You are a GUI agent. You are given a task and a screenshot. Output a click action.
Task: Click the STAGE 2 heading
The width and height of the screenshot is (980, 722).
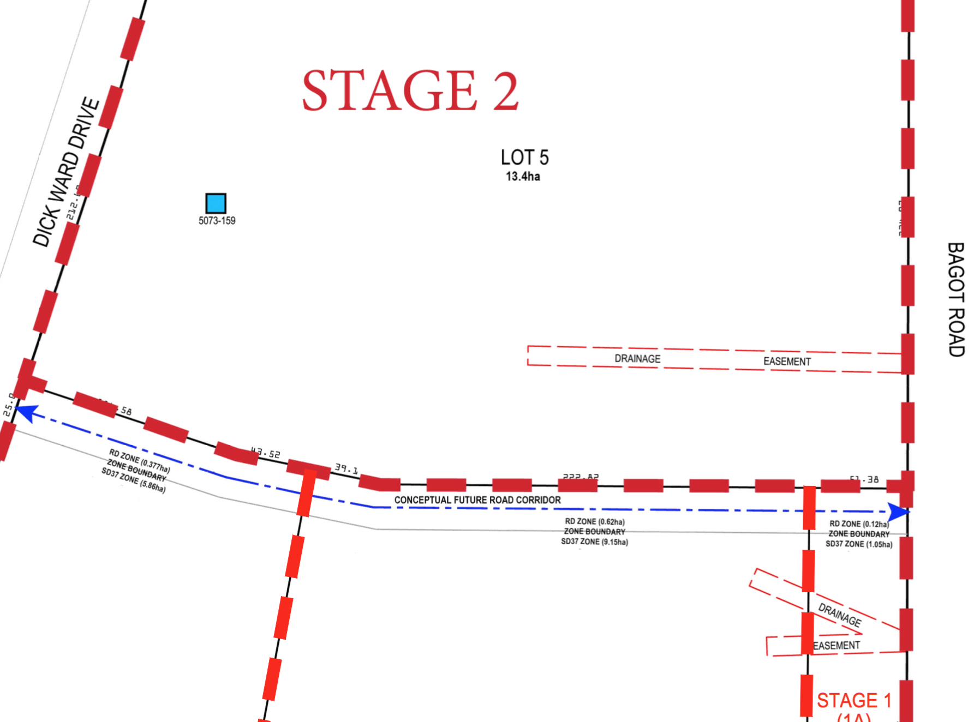[x=410, y=91]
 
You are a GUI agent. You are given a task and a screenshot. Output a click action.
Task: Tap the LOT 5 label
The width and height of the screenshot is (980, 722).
[x=524, y=158]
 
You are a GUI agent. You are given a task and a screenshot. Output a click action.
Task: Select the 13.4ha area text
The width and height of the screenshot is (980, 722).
[x=523, y=177]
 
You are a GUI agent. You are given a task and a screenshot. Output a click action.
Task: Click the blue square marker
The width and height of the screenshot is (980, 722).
[x=216, y=203]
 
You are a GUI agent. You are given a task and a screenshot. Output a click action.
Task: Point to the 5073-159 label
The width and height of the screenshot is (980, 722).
[x=217, y=221]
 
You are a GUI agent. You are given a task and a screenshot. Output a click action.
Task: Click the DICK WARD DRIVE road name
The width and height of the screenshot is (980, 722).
[x=66, y=172]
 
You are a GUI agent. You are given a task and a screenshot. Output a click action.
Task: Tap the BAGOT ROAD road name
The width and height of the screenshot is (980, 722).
[x=956, y=299]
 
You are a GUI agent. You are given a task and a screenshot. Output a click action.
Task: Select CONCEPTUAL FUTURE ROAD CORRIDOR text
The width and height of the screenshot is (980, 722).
[x=477, y=500]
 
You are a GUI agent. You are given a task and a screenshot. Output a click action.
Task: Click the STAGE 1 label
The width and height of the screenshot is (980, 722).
[x=854, y=700]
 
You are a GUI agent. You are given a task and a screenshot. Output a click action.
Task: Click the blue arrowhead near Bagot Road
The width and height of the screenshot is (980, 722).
[x=898, y=512]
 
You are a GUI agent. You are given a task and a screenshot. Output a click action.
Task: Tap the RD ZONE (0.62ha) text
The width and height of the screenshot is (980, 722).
[x=595, y=522]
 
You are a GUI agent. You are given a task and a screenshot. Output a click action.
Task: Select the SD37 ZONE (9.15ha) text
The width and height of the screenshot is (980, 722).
[x=594, y=542]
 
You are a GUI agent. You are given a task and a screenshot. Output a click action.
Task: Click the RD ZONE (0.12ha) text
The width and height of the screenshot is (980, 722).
[x=859, y=524]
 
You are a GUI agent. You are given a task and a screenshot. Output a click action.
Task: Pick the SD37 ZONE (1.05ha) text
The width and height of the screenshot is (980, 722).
[x=859, y=544]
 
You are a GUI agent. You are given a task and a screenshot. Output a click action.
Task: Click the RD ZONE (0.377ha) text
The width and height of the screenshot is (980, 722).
[x=140, y=461]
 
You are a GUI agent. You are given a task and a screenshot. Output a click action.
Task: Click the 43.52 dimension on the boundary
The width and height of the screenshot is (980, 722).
[x=266, y=453]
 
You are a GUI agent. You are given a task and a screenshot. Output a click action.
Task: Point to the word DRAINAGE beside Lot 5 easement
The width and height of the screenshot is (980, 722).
[x=637, y=359]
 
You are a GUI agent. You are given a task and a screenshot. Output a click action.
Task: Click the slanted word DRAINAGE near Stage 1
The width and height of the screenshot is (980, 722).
[x=840, y=615]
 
